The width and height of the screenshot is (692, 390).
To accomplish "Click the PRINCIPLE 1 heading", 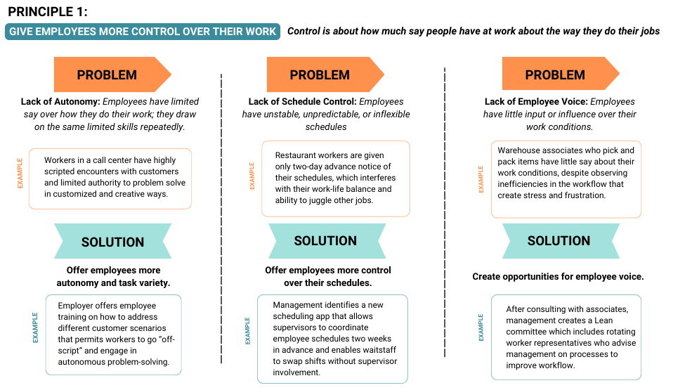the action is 48,11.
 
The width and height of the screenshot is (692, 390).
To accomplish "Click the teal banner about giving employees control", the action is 143,32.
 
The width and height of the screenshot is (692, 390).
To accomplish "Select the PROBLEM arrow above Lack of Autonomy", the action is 112,74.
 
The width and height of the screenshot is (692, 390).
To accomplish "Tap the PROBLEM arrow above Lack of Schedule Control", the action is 325,74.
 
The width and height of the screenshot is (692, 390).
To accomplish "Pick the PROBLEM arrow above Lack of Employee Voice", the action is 561,74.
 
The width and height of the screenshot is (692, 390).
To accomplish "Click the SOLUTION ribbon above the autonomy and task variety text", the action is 112,241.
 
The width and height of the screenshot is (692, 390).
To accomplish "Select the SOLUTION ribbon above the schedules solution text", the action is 327,241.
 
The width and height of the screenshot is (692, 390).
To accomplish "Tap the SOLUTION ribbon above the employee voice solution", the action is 561,241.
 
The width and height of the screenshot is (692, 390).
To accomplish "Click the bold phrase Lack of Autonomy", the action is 60,102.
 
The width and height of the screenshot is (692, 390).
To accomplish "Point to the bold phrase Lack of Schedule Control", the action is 302,102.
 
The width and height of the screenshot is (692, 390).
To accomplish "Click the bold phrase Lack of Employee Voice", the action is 536,102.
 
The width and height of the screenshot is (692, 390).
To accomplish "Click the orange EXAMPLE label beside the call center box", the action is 20,174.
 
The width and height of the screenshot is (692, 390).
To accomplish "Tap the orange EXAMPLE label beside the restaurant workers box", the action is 252,176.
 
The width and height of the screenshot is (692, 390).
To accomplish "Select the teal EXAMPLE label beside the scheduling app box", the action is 247,331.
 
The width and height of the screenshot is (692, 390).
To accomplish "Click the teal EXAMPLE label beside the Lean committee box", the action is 481,327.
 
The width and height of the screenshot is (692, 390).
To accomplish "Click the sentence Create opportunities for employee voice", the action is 558,276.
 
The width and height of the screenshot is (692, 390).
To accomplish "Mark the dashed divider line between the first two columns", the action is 221,219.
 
